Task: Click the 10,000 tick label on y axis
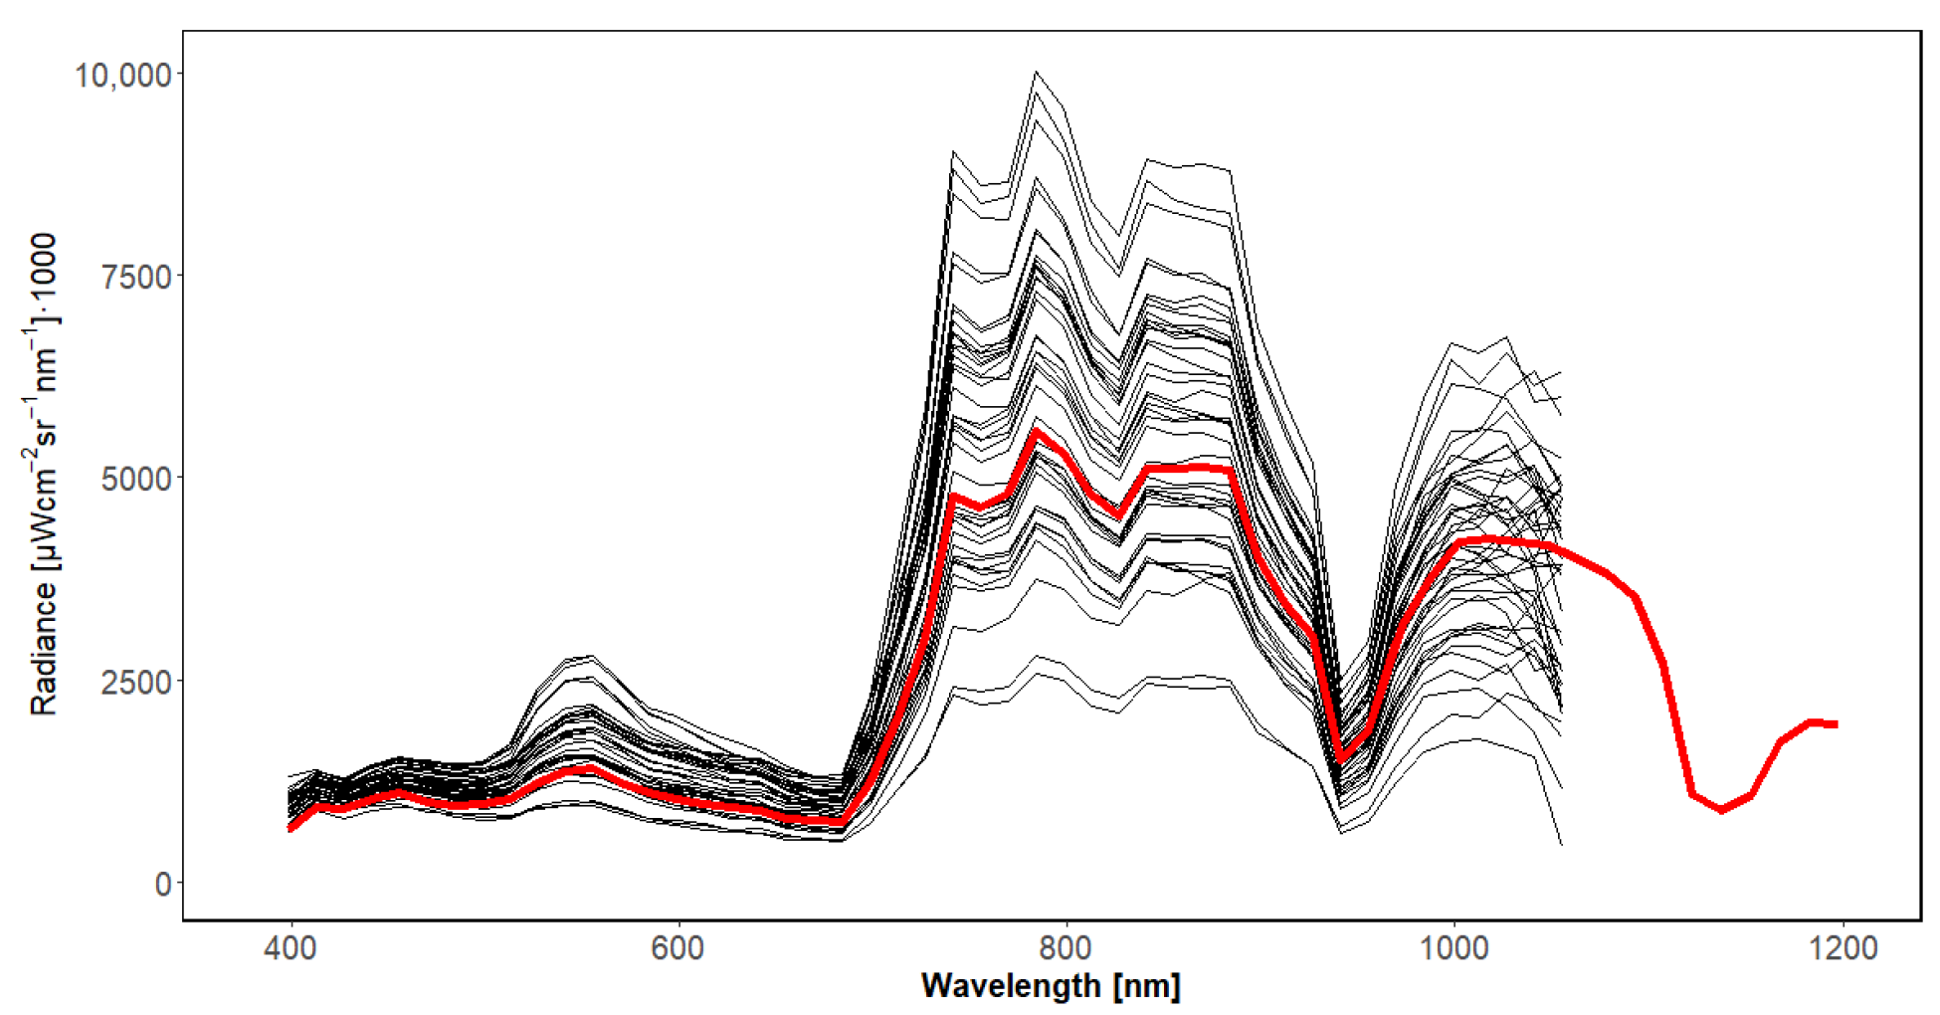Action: pyautogui.click(x=123, y=75)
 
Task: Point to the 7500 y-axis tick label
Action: pyautogui.click(x=137, y=277)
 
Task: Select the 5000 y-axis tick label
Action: pyautogui.click(x=137, y=479)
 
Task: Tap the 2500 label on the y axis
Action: pyautogui.click(x=137, y=682)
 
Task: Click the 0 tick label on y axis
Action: pyautogui.click(x=163, y=884)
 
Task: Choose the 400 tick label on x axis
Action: pyautogui.click(x=291, y=947)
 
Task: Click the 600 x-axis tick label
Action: pyautogui.click(x=679, y=947)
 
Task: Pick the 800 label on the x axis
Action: pyautogui.click(x=1067, y=947)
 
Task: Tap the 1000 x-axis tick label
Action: pyautogui.click(x=1455, y=947)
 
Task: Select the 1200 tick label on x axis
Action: pyautogui.click(x=1843, y=947)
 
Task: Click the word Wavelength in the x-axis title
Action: pyautogui.click(x=1010, y=986)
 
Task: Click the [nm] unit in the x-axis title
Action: pyautogui.click(x=1147, y=986)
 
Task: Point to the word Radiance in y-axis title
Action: pyautogui.click(x=43, y=647)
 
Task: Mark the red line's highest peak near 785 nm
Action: pyautogui.click(x=1037, y=431)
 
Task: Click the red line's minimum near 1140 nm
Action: pyautogui.click(x=1722, y=810)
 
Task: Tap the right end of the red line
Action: pyautogui.click(x=1836, y=724)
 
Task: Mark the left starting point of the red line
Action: pyautogui.click(x=291, y=828)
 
